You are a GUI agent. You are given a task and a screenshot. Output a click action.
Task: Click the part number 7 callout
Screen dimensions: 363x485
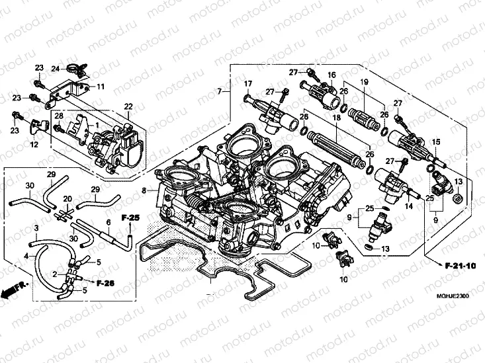click(219, 90)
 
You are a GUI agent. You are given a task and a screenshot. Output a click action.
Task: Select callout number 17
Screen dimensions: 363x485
click(248, 83)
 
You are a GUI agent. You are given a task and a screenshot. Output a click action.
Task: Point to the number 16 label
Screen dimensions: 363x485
click(331, 75)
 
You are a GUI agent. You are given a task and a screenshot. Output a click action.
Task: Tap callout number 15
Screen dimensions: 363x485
click(436, 143)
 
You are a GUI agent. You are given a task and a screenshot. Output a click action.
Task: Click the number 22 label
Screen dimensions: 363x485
click(128, 106)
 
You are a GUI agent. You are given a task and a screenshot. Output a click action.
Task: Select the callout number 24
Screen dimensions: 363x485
click(56, 68)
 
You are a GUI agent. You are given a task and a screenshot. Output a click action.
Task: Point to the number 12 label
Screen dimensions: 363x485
click(34, 144)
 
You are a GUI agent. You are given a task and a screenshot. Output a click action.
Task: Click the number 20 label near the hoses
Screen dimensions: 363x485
click(67, 198)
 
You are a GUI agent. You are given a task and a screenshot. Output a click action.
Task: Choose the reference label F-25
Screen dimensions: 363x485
click(130, 217)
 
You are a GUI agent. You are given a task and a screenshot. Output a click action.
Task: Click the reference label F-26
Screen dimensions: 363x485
click(105, 283)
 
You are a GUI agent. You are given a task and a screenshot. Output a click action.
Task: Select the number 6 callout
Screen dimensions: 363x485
click(108, 223)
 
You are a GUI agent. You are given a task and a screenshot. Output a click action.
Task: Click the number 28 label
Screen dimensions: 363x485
click(59, 117)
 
